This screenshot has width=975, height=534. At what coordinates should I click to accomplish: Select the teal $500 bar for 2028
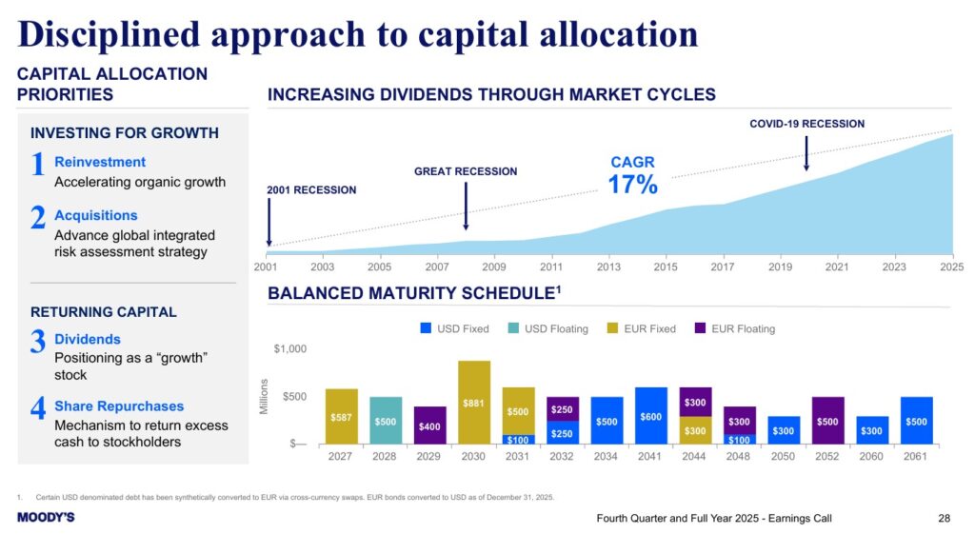(x=386, y=421)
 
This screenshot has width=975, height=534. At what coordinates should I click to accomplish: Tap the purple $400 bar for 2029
(x=430, y=425)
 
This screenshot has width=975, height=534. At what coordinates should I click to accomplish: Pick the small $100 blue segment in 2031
(x=519, y=440)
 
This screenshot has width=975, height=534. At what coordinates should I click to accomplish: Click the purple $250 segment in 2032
(x=563, y=409)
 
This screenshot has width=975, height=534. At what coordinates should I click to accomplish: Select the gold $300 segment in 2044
(x=695, y=430)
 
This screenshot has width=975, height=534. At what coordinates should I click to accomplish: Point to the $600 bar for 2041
(x=651, y=416)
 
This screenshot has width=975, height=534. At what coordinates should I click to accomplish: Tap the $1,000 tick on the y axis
(x=290, y=349)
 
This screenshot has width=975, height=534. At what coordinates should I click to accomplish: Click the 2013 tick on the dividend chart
(x=608, y=267)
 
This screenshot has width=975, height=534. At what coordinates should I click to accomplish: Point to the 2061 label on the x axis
(x=916, y=456)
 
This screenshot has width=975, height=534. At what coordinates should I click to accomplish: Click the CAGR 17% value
(x=632, y=184)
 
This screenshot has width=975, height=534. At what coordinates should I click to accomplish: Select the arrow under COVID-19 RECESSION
(x=806, y=152)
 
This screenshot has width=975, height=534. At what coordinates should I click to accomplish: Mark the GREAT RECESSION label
(x=466, y=171)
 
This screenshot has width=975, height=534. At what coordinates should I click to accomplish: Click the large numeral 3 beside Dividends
(x=38, y=342)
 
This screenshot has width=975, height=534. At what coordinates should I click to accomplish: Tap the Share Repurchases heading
(x=119, y=405)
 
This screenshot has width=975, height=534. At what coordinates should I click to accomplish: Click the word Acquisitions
(x=95, y=215)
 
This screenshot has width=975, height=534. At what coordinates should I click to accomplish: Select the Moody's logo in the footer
(x=46, y=517)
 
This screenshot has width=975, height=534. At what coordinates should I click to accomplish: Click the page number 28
(x=944, y=518)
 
